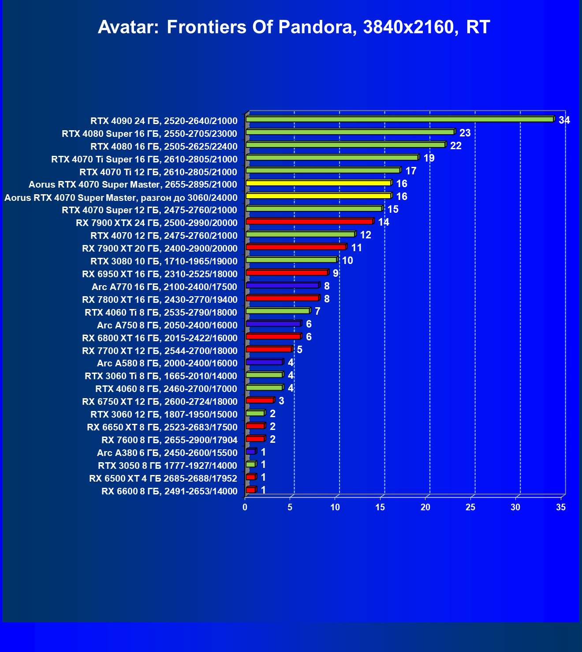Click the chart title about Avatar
[x=294, y=27]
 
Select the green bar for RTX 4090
[x=399, y=119]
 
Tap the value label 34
[x=564, y=120]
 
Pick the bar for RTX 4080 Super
[x=350, y=132]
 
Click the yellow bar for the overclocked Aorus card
[x=318, y=196]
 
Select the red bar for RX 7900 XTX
[x=309, y=222]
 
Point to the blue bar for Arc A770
[x=282, y=286]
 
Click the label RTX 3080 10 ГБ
[x=164, y=261]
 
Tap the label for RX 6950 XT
[x=160, y=274]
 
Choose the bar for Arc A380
[x=250, y=452]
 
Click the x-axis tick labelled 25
[x=470, y=507]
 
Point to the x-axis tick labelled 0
[x=245, y=507]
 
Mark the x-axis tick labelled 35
[x=560, y=507]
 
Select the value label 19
[x=429, y=158]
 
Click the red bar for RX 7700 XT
[x=268, y=349]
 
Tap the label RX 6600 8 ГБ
[x=169, y=491]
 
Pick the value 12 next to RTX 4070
[x=366, y=235]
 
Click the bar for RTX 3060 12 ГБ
[x=255, y=413]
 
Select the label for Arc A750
[x=167, y=325]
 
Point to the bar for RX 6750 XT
[x=259, y=400]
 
